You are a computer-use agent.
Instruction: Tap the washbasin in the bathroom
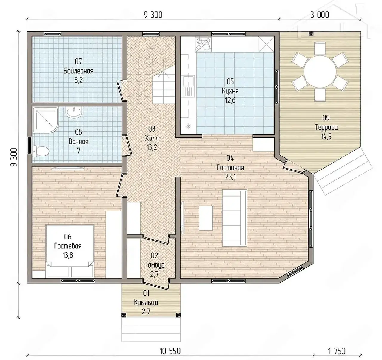74,112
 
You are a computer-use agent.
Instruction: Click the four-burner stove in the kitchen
203,44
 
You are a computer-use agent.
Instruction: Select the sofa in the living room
235,218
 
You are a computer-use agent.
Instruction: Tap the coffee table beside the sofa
206,218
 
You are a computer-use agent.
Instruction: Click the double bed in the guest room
70,251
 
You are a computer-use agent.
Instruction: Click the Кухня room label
230,91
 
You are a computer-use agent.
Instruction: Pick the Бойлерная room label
78,71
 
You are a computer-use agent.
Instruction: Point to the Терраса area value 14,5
326,137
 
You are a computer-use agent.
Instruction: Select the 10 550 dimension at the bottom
170,351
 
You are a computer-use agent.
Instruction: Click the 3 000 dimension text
320,15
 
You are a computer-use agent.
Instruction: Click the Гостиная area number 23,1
230,177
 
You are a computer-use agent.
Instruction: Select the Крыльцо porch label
146,302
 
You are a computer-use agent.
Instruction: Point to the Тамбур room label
155,265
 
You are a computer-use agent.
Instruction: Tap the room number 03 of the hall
152,129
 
